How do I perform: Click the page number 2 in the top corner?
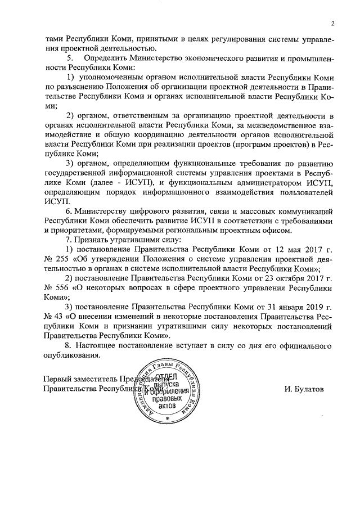332,24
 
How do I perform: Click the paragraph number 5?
70,58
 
